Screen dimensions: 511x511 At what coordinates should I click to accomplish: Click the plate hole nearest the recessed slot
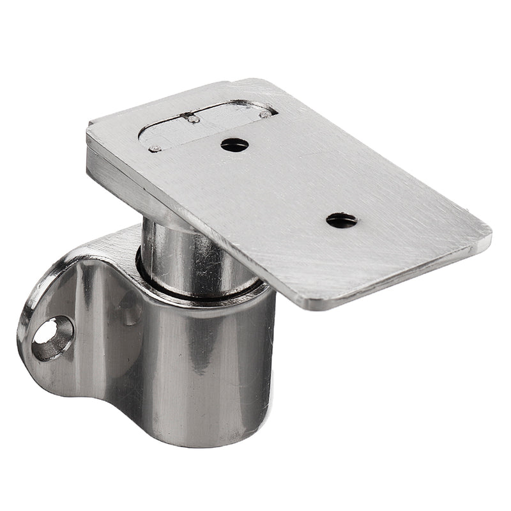(234, 144)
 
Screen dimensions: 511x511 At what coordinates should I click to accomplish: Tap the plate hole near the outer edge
(342, 221)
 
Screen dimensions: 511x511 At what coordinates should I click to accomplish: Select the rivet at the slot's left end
(153, 149)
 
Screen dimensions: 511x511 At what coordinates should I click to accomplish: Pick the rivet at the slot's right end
(264, 115)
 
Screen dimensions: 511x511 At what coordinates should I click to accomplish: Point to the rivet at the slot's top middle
(190, 118)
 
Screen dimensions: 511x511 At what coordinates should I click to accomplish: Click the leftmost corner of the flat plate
(88, 128)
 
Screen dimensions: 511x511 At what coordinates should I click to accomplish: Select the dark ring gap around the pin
(192, 291)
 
